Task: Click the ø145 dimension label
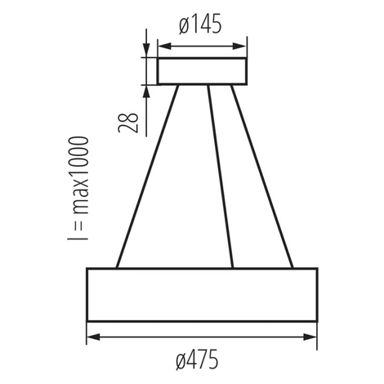pyautogui.click(x=200, y=24)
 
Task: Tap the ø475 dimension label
pyautogui.click(x=197, y=359)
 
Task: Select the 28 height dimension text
pyautogui.click(x=128, y=123)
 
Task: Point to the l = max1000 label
pyautogui.click(x=78, y=188)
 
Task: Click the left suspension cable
pyautogui.click(x=147, y=176)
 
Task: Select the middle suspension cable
pyautogui.click(x=221, y=176)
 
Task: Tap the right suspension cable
pyautogui.click(x=262, y=176)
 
